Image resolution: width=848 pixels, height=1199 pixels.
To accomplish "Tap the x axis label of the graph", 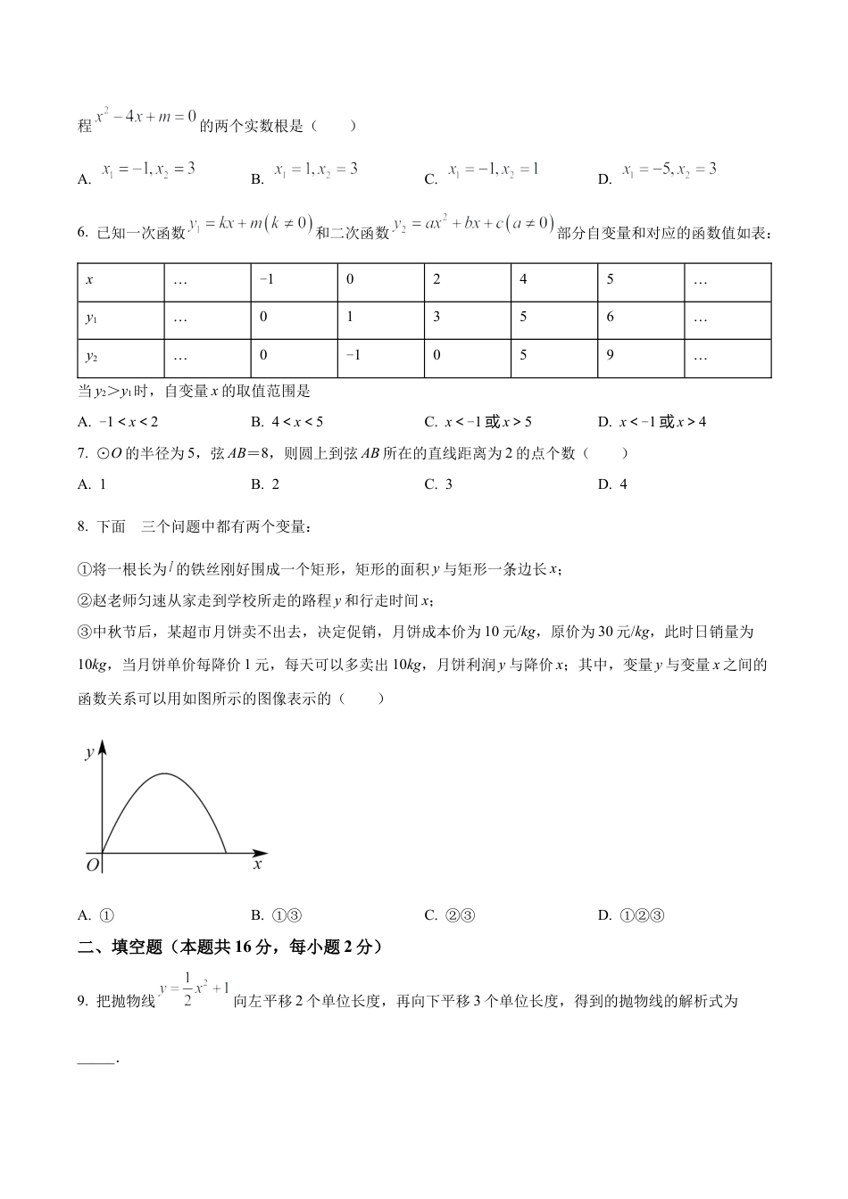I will tap(257, 864).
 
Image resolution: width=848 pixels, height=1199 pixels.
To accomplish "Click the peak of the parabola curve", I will tap(165, 773).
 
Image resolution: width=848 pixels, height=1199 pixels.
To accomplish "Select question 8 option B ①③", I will tap(278, 914).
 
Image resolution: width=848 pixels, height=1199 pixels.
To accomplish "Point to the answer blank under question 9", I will tap(97, 1059).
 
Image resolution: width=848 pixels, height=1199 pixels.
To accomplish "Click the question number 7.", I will tap(84, 453).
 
